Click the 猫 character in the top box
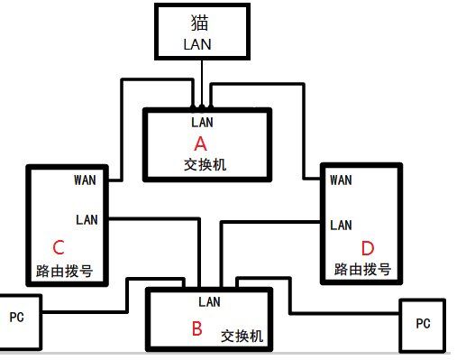click(x=200, y=21)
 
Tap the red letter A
click(x=201, y=143)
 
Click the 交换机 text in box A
click(x=200, y=164)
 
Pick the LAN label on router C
click(x=87, y=218)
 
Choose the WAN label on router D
click(x=341, y=180)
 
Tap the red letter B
click(x=196, y=329)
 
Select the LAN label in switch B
click(x=209, y=301)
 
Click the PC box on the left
click(x=17, y=317)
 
